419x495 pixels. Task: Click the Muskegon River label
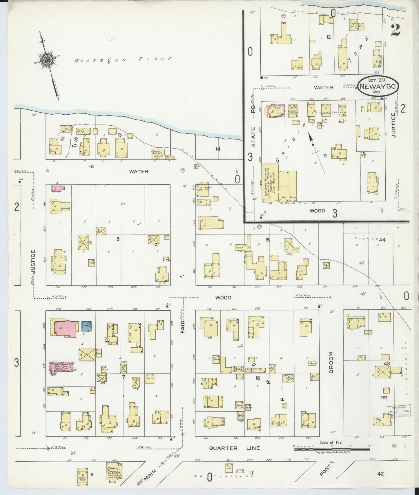(122, 60)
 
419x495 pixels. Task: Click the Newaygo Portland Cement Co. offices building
(270, 183)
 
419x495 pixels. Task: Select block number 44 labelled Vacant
(382, 240)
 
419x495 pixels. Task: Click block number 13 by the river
(119, 134)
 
